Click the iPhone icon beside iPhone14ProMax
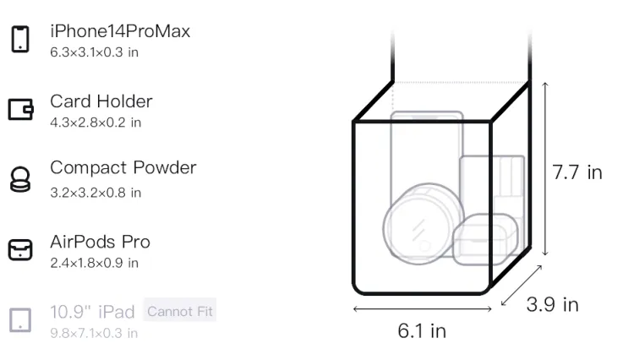(20, 39)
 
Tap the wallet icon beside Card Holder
(20, 110)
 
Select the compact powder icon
(20, 179)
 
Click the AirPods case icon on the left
(20, 249)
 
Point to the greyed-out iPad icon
(20, 320)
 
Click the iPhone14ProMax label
(120, 31)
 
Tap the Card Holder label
(101, 101)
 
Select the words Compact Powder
(123, 168)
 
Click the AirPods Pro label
(100, 242)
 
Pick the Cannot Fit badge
(180, 311)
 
